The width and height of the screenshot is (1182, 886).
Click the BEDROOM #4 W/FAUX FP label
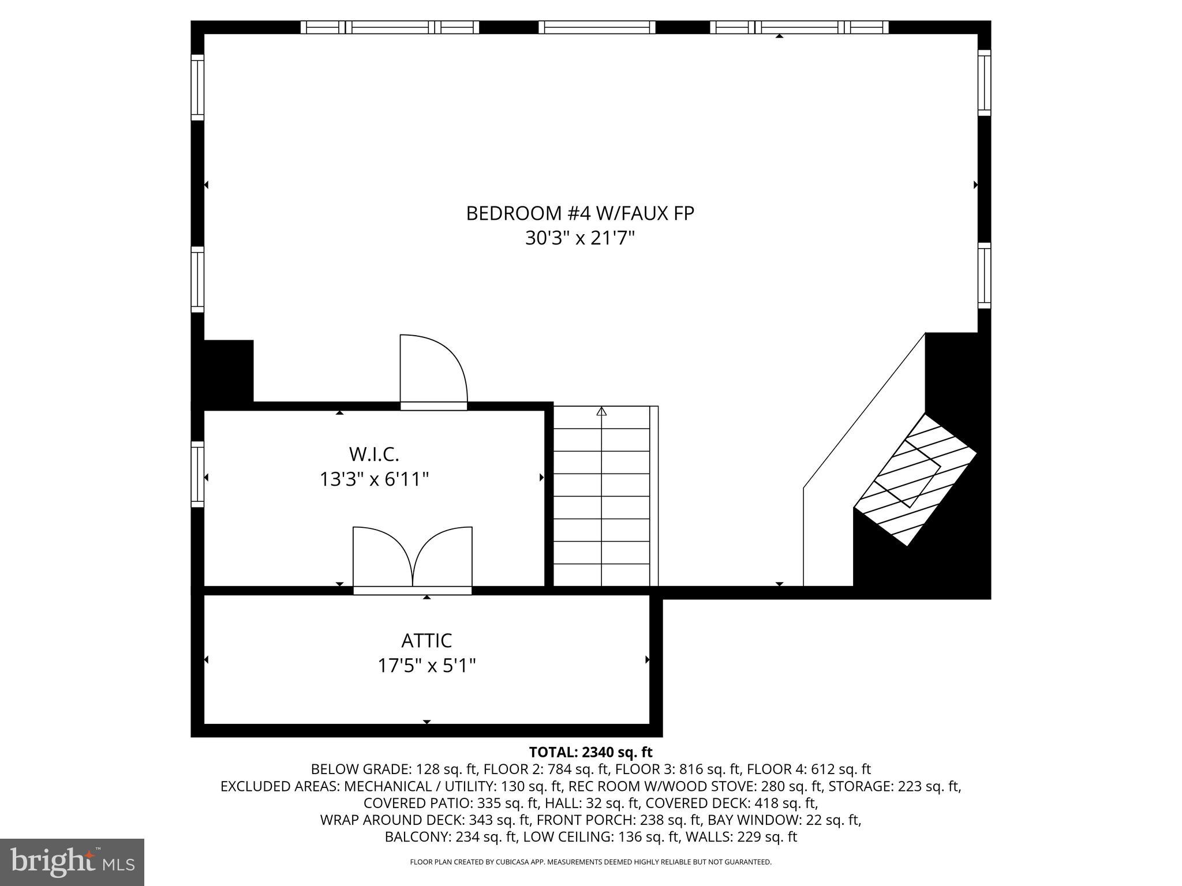click(x=579, y=213)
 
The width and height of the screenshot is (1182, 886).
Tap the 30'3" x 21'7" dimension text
click(x=579, y=238)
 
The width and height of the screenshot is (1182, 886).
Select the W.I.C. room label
click(x=374, y=455)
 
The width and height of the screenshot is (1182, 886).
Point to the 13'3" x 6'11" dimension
click(x=374, y=479)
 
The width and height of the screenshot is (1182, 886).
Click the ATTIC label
click(x=427, y=641)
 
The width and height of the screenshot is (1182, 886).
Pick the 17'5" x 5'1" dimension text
click(x=427, y=666)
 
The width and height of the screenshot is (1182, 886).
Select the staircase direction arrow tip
click(x=601, y=411)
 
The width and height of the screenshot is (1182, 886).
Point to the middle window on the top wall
click(x=597, y=27)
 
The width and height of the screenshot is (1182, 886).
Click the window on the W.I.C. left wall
click(x=197, y=474)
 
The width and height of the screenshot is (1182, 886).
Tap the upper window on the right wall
click(x=984, y=82)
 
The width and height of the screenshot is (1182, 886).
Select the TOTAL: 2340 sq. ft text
click(x=590, y=752)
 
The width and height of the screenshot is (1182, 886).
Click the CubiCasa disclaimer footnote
click(x=590, y=862)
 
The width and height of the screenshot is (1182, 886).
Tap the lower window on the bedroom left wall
click(x=197, y=280)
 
